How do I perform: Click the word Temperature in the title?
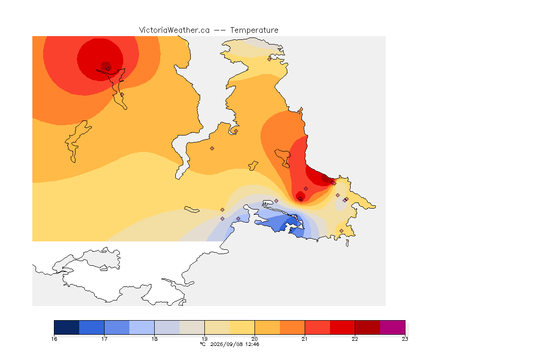click(x=254, y=30)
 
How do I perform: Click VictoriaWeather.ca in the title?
click(x=174, y=30)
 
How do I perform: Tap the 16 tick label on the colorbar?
click(x=54, y=339)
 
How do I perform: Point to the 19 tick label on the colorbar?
click(x=204, y=339)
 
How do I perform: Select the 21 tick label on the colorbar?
click(x=305, y=339)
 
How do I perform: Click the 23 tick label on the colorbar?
click(x=405, y=339)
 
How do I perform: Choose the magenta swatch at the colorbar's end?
click(x=393, y=327)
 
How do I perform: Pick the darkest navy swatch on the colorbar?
click(x=67, y=327)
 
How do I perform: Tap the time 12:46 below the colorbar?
click(x=252, y=344)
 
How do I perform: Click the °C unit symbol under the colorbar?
click(x=203, y=344)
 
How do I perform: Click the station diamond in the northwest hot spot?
click(x=108, y=68)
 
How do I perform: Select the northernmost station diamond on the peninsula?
click(x=270, y=59)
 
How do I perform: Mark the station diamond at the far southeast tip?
click(x=341, y=231)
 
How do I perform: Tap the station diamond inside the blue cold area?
click(x=295, y=217)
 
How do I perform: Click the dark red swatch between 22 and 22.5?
click(x=367, y=327)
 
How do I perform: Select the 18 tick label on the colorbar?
click(x=154, y=339)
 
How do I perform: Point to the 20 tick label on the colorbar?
click(x=255, y=339)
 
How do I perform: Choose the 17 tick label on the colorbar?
click(x=105, y=339)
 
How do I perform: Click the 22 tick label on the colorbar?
click(x=355, y=339)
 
